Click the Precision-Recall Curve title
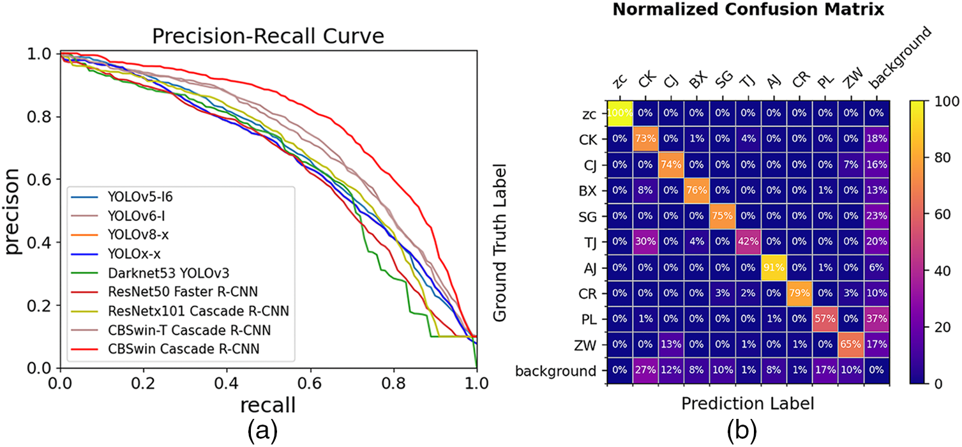click(x=269, y=36)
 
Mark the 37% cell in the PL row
click(x=876, y=319)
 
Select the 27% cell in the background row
click(x=645, y=371)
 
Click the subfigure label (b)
click(x=742, y=432)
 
